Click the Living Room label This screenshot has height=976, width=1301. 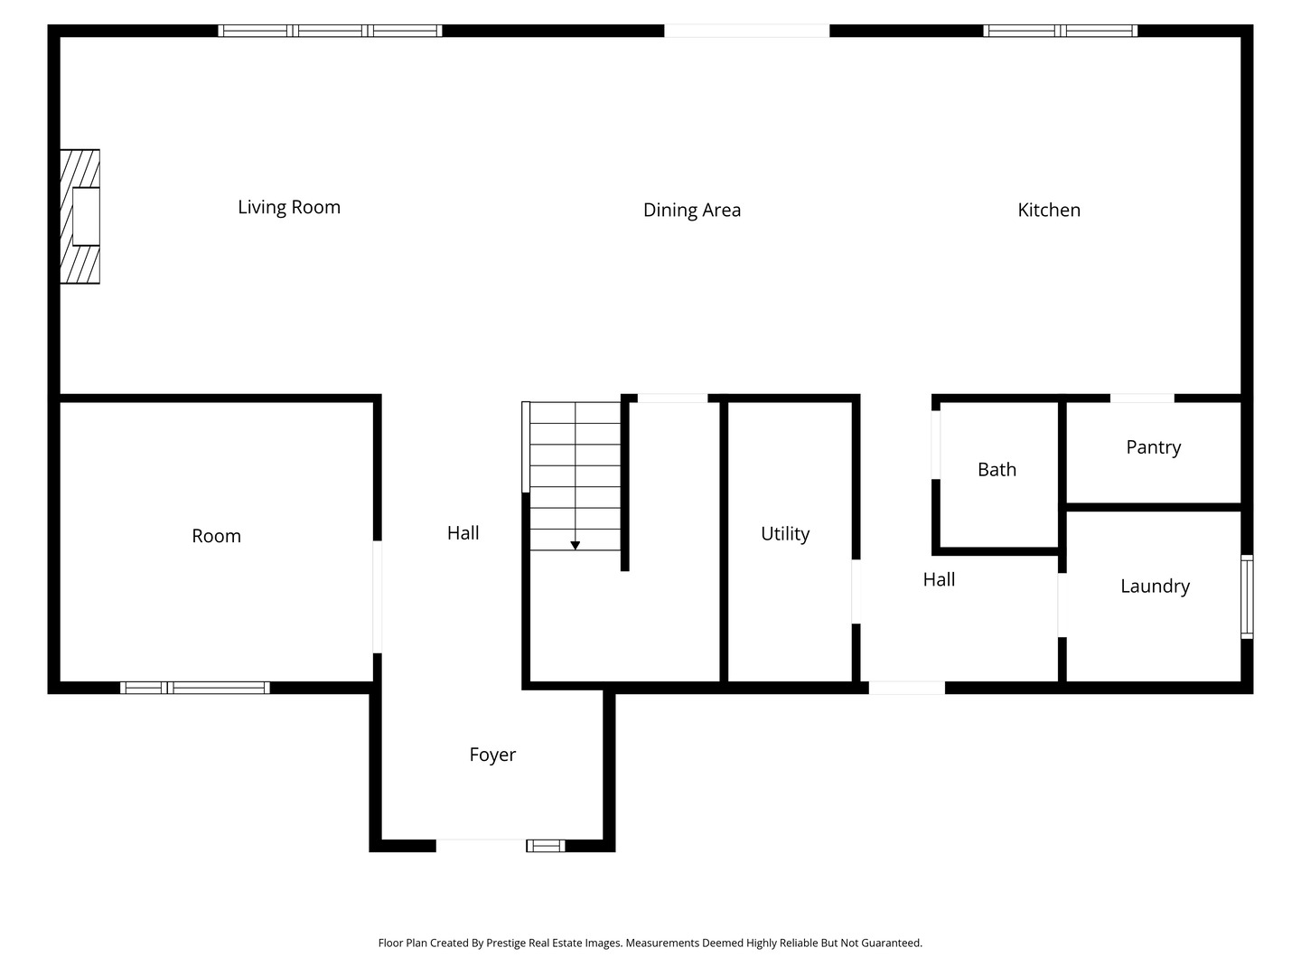tap(289, 207)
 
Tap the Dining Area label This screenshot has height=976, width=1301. tap(691, 211)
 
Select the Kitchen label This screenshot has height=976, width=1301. tap(1048, 210)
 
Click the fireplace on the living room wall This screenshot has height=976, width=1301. tap(80, 217)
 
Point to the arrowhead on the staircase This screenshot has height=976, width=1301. tap(575, 545)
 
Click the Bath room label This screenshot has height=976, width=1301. tap(997, 470)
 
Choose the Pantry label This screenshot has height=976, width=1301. tap(1153, 447)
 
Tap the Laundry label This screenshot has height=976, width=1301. tap(1155, 587)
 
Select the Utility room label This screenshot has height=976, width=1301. tap(784, 534)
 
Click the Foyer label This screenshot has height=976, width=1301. tap(492, 755)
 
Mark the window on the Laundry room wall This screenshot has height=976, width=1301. tap(1247, 597)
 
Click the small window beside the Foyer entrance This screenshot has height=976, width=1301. tap(545, 846)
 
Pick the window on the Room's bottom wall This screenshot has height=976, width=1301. tap(195, 688)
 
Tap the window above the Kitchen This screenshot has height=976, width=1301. tap(1060, 31)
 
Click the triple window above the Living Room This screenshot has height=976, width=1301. tap(330, 31)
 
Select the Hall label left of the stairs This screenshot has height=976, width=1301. tap(463, 533)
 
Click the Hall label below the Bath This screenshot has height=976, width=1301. tap(939, 580)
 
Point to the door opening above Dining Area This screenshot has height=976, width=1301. tap(746, 31)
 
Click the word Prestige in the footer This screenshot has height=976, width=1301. tap(507, 943)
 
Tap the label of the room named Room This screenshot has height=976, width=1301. tap(216, 536)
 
